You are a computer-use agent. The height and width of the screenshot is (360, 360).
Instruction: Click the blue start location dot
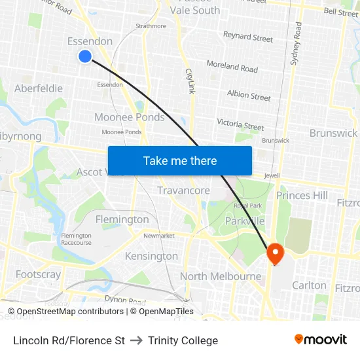click(x=84, y=56)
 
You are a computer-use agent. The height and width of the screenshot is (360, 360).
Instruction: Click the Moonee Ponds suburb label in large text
click(x=130, y=117)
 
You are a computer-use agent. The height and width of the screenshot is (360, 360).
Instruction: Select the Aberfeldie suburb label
click(x=39, y=88)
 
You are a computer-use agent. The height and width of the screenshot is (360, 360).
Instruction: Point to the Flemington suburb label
click(x=122, y=219)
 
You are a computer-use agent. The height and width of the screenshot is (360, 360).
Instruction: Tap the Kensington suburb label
click(x=151, y=256)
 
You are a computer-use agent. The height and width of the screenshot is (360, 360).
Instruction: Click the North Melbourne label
click(x=221, y=276)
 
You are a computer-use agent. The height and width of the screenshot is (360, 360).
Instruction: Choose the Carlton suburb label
click(x=309, y=285)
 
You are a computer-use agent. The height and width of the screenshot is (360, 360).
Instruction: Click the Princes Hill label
click(x=302, y=195)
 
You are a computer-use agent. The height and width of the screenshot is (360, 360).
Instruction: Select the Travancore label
click(x=183, y=190)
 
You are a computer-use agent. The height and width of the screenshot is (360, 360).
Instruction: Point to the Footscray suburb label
click(x=38, y=274)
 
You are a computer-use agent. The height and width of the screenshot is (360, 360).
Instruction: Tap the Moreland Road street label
click(x=232, y=67)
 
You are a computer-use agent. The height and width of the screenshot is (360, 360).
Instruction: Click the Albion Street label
click(x=249, y=96)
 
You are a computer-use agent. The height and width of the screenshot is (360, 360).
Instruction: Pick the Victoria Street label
click(x=240, y=124)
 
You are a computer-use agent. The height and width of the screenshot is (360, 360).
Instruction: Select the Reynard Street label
click(x=248, y=37)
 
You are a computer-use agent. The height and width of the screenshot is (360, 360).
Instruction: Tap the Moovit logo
click(x=321, y=339)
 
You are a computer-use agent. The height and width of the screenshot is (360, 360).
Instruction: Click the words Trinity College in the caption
click(x=183, y=340)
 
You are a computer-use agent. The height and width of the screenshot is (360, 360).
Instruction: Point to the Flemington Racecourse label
click(x=77, y=239)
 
